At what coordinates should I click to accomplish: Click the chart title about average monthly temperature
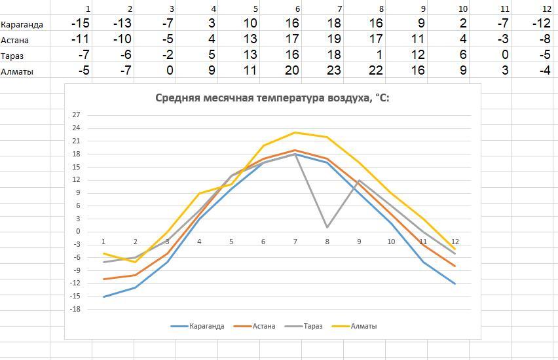[x=272, y=98]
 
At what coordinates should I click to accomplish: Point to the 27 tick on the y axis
[x=94, y=115]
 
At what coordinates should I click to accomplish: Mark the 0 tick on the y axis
[x=96, y=231]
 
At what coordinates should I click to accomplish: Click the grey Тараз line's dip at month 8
[x=327, y=227]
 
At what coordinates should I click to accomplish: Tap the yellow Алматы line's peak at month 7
[x=295, y=132]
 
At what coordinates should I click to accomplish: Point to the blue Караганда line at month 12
[x=455, y=283]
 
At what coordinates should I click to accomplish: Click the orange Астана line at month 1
[x=103, y=279]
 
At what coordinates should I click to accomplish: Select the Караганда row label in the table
[x=22, y=25]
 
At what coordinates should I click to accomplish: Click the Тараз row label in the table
[x=13, y=56]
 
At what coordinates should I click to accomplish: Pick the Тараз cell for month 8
[x=380, y=56]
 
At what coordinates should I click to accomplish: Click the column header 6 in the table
[x=297, y=9]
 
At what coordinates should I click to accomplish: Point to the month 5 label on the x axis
[x=231, y=242]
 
